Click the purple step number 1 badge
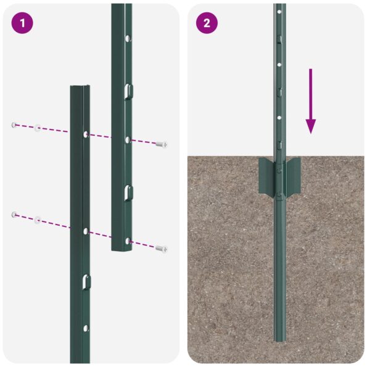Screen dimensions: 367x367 (23, 23)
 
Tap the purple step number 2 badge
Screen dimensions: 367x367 (207, 23)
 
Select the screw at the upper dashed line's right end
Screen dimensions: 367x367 (162, 144)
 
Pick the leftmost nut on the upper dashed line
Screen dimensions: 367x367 (13, 125)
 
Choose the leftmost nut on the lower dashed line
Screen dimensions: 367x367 (13, 214)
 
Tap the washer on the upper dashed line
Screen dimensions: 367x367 (38, 128)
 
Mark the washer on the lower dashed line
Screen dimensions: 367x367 (38, 218)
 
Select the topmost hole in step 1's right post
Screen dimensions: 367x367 (127, 38)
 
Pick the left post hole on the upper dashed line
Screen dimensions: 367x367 (85, 133)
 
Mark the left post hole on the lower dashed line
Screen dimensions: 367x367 (85, 231)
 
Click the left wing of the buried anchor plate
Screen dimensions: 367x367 (266, 175)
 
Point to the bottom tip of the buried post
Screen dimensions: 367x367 (280, 339)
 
